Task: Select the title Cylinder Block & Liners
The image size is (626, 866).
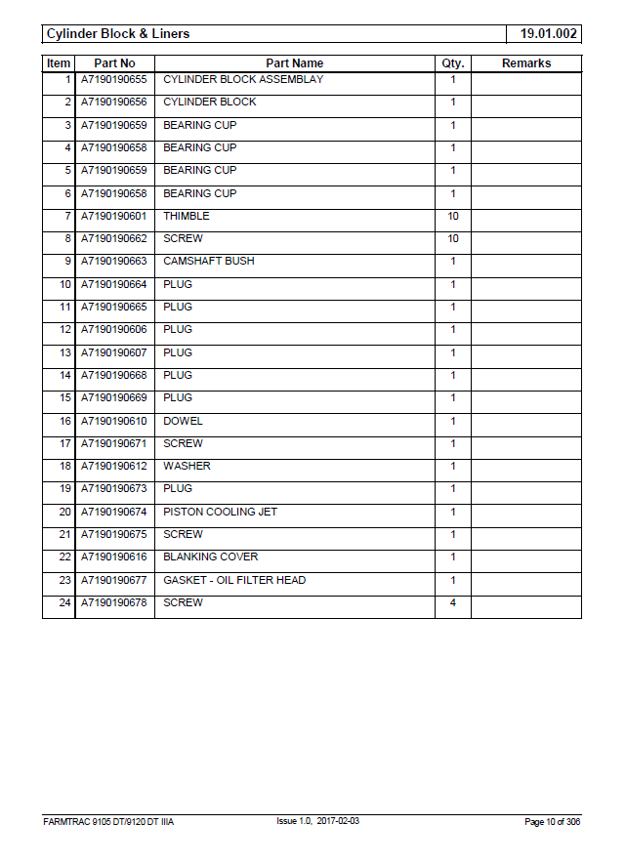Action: pyautogui.click(x=118, y=34)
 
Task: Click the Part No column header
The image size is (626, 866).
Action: pyautogui.click(x=114, y=63)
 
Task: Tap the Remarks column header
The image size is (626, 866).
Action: pyautogui.click(x=525, y=63)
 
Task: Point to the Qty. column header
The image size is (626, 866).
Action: pyautogui.click(x=452, y=63)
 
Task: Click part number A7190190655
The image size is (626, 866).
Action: pyautogui.click(x=114, y=79)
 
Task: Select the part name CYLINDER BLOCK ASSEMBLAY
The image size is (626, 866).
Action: pyautogui.click(x=242, y=79)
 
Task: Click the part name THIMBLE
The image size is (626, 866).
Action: pyautogui.click(x=186, y=216)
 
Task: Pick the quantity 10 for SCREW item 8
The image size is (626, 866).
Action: pyautogui.click(x=452, y=239)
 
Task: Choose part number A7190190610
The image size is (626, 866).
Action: pyautogui.click(x=114, y=421)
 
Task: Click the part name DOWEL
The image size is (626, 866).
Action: pyautogui.click(x=183, y=421)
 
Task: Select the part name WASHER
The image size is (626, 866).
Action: pyautogui.click(x=187, y=466)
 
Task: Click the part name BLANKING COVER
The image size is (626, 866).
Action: pyautogui.click(x=210, y=557)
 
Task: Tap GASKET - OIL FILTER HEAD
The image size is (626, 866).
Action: pyautogui.click(x=234, y=580)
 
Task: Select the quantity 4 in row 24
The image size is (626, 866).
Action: pyautogui.click(x=452, y=602)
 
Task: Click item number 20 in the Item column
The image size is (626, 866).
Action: pyautogui.click(x=64, y=512)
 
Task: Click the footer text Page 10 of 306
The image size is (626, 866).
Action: pyautogui.click(x=552, y=822)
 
